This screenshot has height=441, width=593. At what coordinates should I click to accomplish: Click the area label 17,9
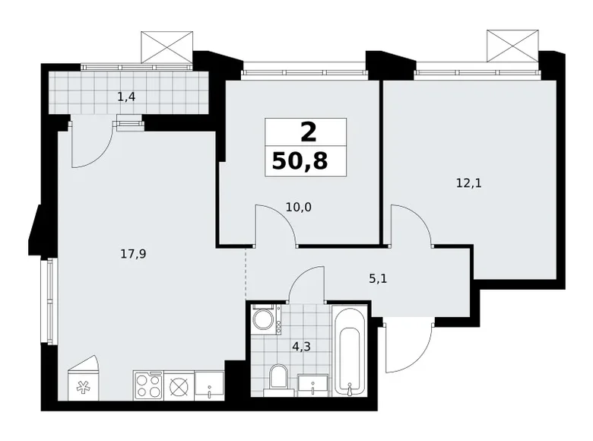pos(132,255)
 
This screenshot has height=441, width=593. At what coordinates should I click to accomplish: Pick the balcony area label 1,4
pos(125,97)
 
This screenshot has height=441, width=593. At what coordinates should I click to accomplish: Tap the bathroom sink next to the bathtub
pos(310,384)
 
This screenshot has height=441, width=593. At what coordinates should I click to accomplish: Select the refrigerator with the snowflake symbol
pos(83,383)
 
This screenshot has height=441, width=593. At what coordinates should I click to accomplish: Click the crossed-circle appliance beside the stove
pos(179,385)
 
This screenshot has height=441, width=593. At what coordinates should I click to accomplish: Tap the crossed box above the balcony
pos(166,46)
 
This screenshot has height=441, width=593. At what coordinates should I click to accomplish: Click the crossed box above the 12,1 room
pos(511,45)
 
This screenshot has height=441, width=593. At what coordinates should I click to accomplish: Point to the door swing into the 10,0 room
pos(274,225)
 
